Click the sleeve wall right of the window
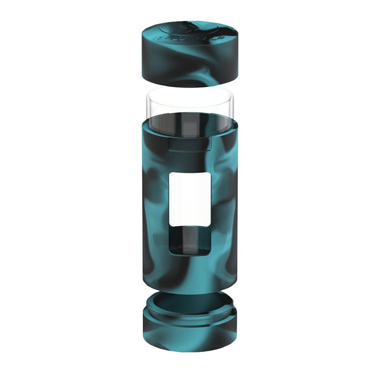[224, 208]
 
